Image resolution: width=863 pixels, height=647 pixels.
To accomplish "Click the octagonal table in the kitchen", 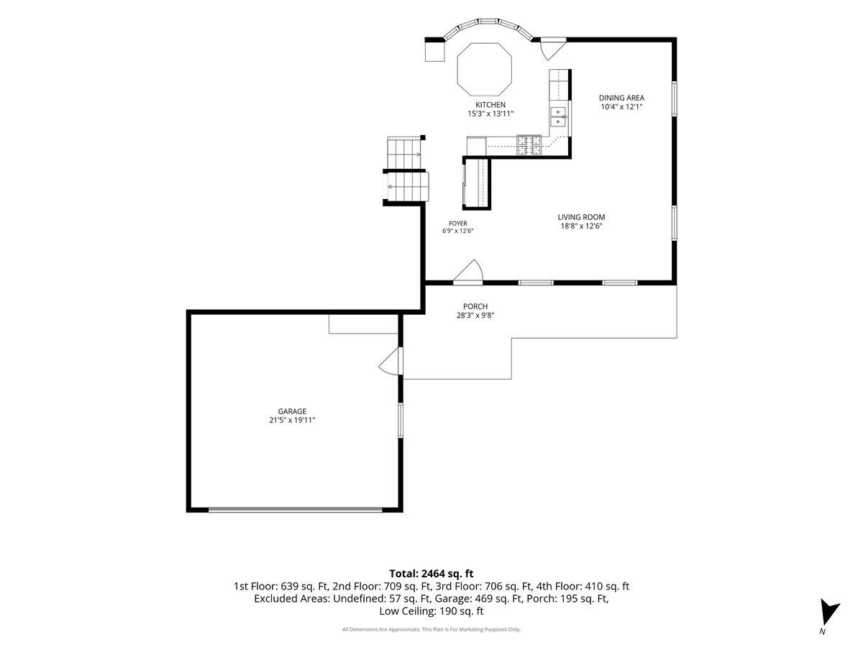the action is (x=484, y=69).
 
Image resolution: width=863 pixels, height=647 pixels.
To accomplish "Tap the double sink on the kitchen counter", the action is (x=558, y=116).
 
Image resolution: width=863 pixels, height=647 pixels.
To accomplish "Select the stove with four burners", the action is (x=529, y=145).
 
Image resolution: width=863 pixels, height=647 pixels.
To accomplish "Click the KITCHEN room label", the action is (x=490, y=105).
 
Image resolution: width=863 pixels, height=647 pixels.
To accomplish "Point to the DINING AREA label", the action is (x=621, y=98).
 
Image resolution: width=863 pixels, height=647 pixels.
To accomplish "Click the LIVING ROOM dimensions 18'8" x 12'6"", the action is (x=581, y=226).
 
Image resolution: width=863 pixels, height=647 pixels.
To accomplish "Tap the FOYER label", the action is (x=457, y=224).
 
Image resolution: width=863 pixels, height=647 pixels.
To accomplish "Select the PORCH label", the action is (x=475, y=306).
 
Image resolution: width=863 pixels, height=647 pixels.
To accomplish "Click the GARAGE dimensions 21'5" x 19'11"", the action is (x=292, y=421).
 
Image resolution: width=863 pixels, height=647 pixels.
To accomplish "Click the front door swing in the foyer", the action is (x=467, y=271).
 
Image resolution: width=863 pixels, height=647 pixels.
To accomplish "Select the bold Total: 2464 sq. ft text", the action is (x=431, y=574).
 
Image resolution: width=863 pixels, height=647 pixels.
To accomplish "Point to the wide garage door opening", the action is (x=295, y=510).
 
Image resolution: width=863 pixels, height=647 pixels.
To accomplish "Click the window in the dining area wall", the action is (x=674, y=98).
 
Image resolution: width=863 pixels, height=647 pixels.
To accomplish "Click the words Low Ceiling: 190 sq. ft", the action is (x=431, y=611).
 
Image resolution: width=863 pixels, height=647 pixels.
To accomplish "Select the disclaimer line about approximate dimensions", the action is (x=431, y=629).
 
